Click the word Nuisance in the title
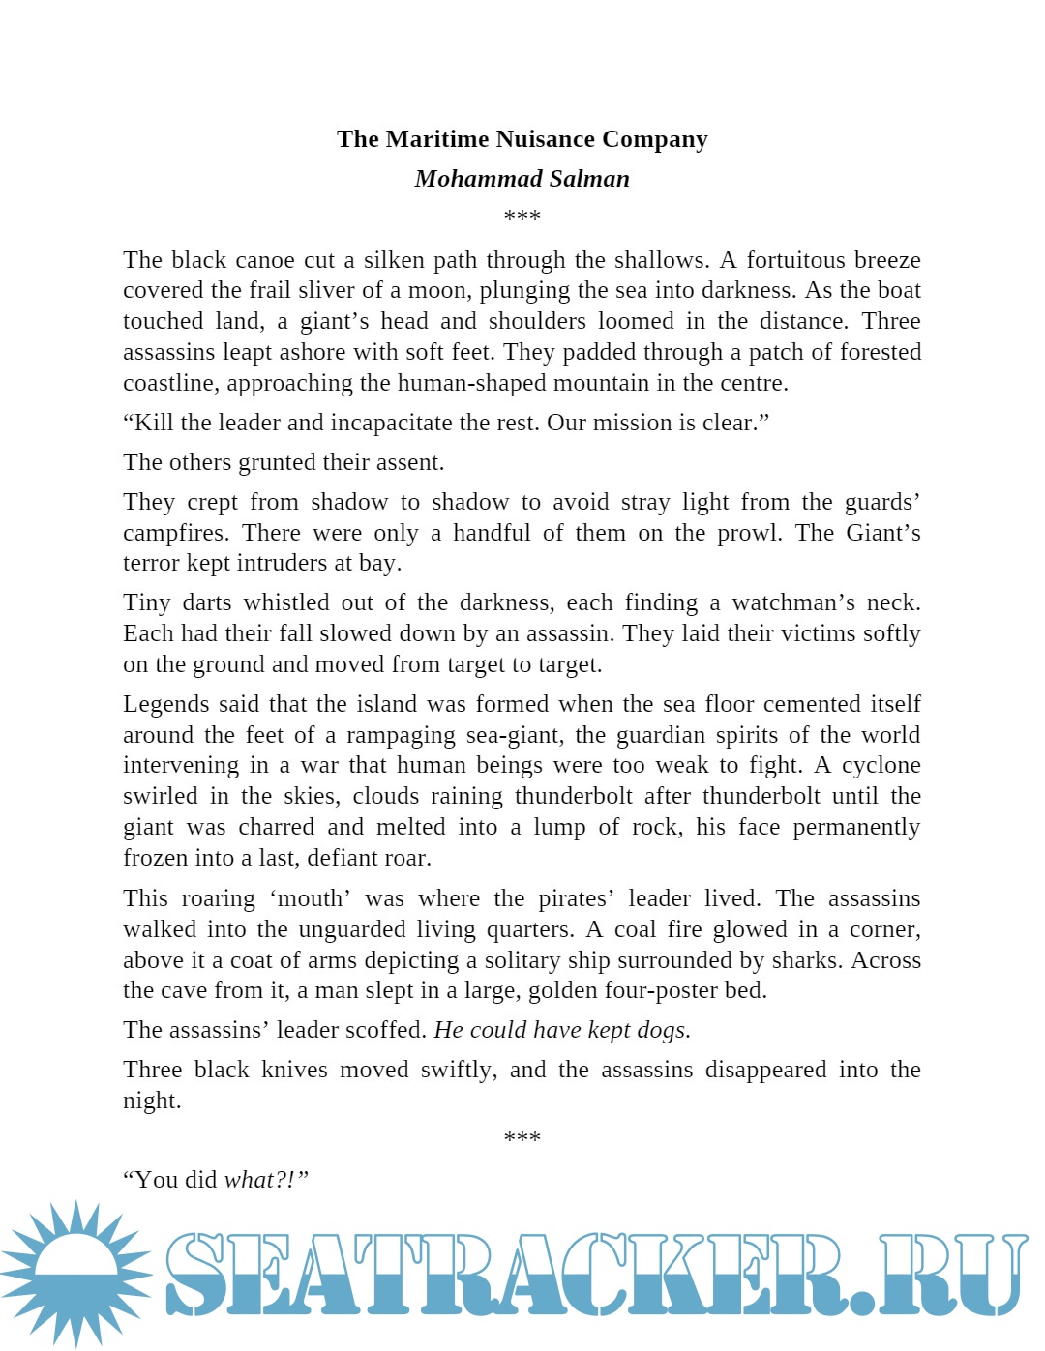[546, 139]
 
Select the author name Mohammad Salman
[522, 179]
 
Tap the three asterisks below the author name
[522, 216]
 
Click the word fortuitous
[798, 260]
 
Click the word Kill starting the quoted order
[155, 423]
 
